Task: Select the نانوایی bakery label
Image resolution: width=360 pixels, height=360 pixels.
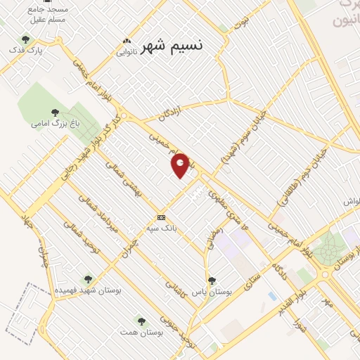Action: pos(127,51)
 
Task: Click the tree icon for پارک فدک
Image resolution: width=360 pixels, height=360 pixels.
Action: pos(26,39)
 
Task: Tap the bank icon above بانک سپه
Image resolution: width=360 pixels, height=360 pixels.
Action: pos(161,217)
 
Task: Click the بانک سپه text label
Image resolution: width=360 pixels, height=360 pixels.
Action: pos(160,228)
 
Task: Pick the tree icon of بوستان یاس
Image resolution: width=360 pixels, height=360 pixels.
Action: pos(212,281)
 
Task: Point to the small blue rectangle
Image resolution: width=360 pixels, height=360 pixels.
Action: pos(272,295)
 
